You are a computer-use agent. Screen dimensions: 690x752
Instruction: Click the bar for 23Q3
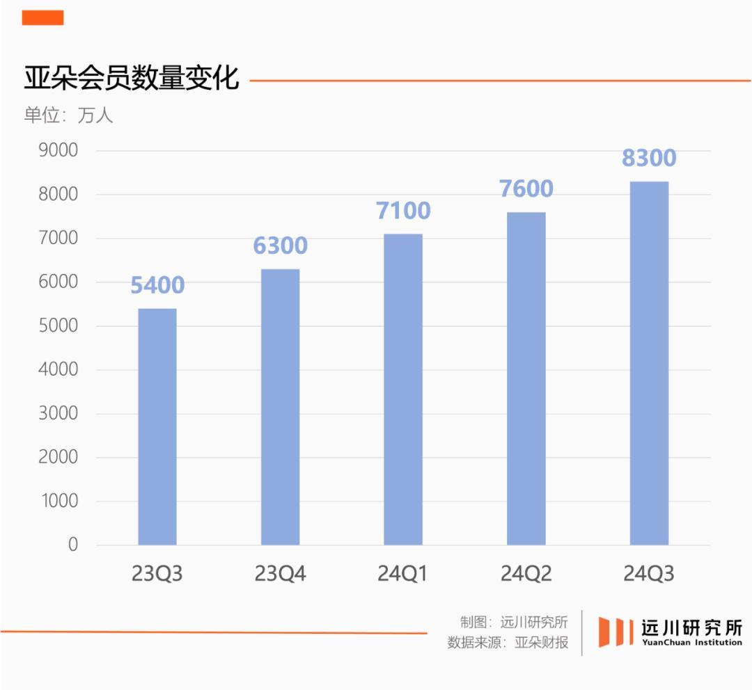tap(157, 426)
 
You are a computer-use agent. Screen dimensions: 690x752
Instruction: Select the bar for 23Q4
tap(280, 407)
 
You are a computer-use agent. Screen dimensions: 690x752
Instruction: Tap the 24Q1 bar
tap(403, 390)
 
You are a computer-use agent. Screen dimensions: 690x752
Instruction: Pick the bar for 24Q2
tap(526, 378)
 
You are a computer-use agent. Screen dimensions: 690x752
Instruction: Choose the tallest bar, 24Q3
tap(649, 363)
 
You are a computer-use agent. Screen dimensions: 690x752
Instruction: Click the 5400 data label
tap(157, 285)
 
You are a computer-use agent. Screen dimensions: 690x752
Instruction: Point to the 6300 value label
tap(280, 246)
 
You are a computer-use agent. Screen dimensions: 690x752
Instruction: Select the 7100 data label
tap(403, 210)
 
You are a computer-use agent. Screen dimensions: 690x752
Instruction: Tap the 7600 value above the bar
tap(526, 188)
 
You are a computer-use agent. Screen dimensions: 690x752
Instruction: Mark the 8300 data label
tap(649, 158)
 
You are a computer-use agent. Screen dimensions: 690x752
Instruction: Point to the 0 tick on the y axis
tap(72, 545)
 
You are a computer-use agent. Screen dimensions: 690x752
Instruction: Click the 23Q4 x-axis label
tap(280, 575)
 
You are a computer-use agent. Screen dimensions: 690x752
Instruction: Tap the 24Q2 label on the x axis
tap(526, 575)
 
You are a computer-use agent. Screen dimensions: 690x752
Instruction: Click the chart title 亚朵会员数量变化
tap(132, 79)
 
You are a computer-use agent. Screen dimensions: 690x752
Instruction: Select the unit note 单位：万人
tap(68, 115)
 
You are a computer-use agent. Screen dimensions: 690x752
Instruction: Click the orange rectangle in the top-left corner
tap(42, 17)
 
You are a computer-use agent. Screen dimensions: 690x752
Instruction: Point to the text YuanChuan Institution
tap(691, 643)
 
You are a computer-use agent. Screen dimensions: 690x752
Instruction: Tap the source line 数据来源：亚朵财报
tap(508, 643)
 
